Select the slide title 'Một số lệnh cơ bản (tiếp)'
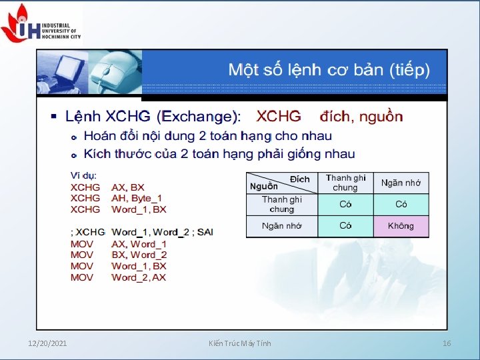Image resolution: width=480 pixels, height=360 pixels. [329, 69]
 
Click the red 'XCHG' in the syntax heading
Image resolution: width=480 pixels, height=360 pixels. [279, 117]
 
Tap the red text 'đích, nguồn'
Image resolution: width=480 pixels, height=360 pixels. [361, 117]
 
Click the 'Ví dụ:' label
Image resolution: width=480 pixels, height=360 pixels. [84, 175]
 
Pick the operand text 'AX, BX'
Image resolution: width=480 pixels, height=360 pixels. [128, 187]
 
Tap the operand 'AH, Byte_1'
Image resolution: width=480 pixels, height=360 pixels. [137, 198]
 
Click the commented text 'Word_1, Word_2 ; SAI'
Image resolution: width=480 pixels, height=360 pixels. [163, 232]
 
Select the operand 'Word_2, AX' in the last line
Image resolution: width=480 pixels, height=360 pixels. [139, 277]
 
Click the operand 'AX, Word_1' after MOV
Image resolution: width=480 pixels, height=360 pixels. [139, 244]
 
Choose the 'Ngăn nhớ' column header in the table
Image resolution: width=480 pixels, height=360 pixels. [401, 183]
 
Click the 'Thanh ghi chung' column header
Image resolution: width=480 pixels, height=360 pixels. [345, 183]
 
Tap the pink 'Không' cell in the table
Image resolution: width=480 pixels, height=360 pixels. [401, 226]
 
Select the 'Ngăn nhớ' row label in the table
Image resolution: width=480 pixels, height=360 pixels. [281, 226]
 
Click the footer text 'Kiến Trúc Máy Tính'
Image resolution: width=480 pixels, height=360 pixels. [239, 343]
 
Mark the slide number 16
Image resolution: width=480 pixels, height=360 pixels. [447, 343]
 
